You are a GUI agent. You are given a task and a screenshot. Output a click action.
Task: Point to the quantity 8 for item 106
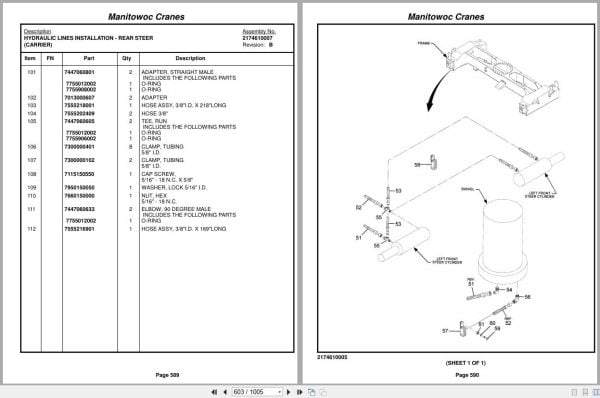[x=130, y=146]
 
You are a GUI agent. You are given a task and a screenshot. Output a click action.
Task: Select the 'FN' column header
[x=50, y=57]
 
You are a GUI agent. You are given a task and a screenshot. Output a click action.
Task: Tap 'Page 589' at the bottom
[x=151, y=373]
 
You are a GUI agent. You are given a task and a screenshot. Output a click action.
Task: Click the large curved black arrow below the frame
[x=432, y=100]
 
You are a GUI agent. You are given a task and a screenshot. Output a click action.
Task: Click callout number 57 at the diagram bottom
[x=447, y=330]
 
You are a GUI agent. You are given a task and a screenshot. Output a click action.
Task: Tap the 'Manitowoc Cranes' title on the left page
[x=150, y=16]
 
